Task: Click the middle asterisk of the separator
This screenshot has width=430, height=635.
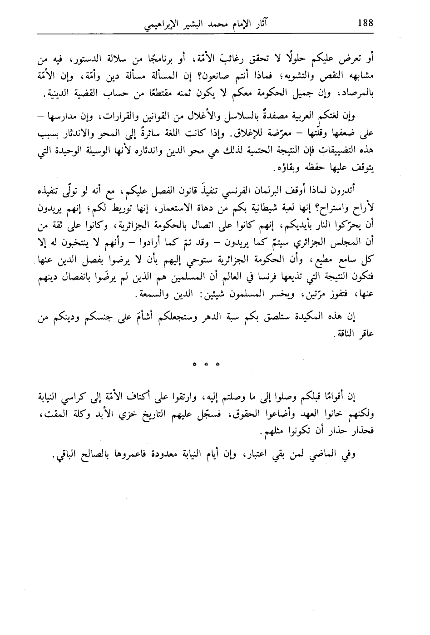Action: click(207, 364)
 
